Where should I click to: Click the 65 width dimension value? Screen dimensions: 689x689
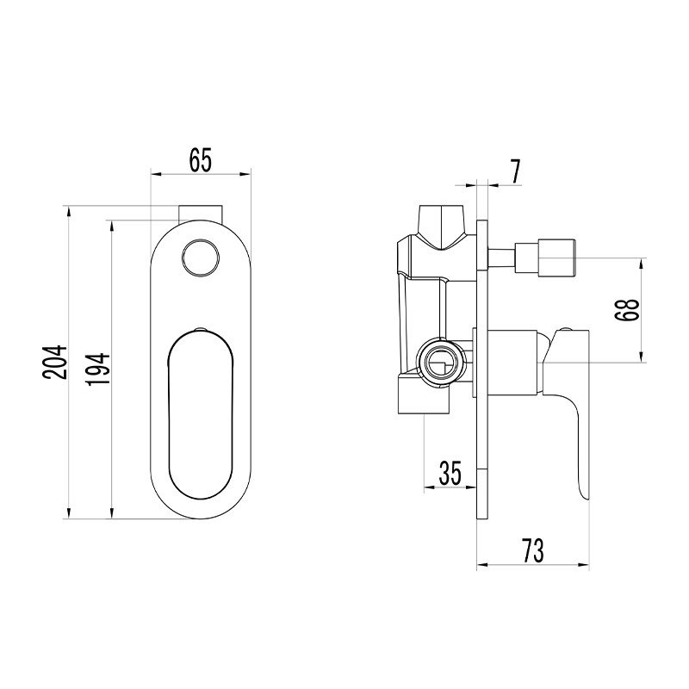coord(201,160)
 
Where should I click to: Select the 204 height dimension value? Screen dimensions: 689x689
coord(55,362)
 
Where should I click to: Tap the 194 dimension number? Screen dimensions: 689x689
coord(97,369)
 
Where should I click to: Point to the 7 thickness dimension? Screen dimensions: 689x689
coord(515,171)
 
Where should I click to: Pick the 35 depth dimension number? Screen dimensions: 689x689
coord(450,473)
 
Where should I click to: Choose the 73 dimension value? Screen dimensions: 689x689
coord(533,550)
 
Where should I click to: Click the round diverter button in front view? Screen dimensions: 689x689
coord(201,258)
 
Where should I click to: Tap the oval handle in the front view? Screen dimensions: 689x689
coord(201,416)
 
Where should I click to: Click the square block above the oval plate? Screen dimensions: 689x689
coord(202,213)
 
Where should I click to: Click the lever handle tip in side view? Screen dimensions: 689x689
coord(584,492)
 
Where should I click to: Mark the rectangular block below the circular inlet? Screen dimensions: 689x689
coord(424,394)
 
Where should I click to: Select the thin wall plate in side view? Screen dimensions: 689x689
coord(482,369)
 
